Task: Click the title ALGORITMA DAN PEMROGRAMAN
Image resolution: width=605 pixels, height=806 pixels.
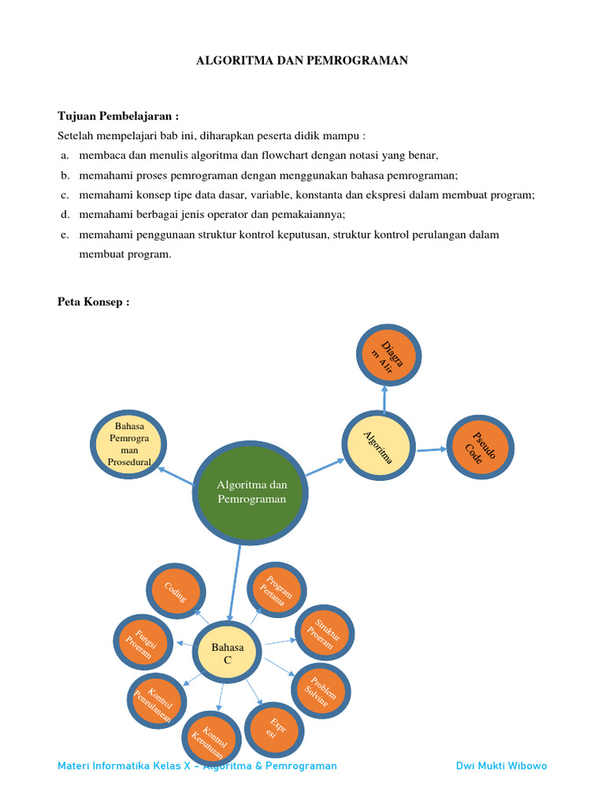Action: (x=302, y=61)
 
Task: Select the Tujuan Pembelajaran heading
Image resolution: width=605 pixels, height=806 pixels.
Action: (x=118, y=116)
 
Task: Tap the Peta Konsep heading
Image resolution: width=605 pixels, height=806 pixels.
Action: (x=93, y=302)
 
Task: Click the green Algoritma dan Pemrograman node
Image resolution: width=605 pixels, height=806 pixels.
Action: (x=251, y=492)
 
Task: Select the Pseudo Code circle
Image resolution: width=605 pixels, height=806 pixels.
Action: (x=480, y=448)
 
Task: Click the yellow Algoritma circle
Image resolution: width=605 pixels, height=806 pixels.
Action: (x=378, y=446)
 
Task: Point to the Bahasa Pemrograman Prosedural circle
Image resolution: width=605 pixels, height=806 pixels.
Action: (x=126, y=443)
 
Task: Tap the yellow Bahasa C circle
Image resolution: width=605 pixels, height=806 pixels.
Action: (x=228, y=653)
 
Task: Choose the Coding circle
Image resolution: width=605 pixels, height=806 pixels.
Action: (x=176, y=592)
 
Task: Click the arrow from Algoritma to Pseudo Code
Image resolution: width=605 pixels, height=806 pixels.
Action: (x=431, y=450)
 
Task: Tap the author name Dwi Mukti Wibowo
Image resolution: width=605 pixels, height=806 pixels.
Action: (x=501, y=766)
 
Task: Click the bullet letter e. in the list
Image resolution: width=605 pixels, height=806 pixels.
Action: (x=64, y=235)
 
